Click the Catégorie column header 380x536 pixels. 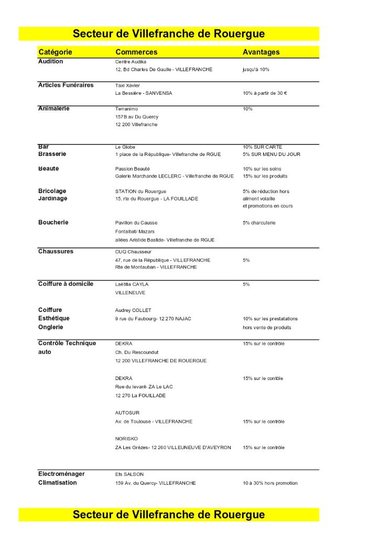click(55, 52)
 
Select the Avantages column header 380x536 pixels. click(261, 52)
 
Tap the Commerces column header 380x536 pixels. click(136, 52)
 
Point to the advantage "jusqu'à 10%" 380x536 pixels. click(256, 70)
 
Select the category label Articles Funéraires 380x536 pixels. click(66, 85)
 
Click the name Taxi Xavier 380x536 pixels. click(127, 85)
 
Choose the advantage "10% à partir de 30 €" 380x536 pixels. click(265, 93)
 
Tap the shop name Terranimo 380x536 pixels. click(126, 109)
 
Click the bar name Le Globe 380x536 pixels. click(125, 147)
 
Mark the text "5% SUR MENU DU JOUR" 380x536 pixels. click(272, 154)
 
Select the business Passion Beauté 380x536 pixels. click(133, 169)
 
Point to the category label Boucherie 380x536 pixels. click(53, 222)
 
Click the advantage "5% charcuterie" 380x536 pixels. click(259, 223)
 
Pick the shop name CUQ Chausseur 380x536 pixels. click(133, 252)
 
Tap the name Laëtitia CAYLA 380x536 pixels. click(132, 284)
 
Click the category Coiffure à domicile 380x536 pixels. click(66, 284)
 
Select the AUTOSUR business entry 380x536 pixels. click(127, 413)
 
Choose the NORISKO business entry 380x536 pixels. click(127, 439)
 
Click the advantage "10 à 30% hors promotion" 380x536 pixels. click(270, 483)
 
